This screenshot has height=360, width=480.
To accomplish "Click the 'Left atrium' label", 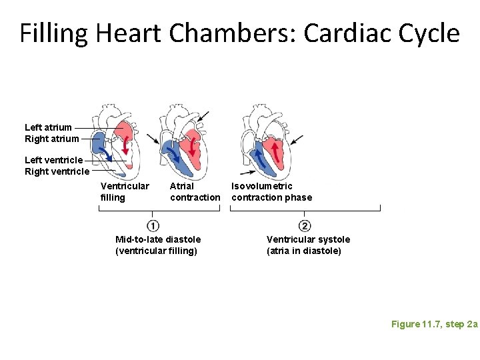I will [48, 127].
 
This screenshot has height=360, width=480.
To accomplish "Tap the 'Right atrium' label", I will [51, 139].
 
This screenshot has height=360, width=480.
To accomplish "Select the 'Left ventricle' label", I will [54, 160].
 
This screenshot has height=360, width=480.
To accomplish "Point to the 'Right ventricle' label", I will [57, 171].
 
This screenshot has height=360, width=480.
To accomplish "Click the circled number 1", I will [153, 225].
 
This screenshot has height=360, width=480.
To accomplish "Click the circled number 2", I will [305, 225].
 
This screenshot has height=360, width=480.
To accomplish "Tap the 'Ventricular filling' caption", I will [124, 191].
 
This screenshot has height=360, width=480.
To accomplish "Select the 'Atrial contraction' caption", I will [194, 191].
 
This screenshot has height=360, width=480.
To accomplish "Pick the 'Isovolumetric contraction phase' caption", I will [271, 191].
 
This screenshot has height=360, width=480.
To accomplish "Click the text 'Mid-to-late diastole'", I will [158, 239].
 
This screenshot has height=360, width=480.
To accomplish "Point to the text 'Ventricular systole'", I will [308, 239].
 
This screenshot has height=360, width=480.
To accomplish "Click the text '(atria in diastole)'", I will [303, 251].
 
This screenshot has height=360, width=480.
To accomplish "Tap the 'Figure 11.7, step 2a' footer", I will [434, 324].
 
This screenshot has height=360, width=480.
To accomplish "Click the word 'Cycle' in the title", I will [429, 33].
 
